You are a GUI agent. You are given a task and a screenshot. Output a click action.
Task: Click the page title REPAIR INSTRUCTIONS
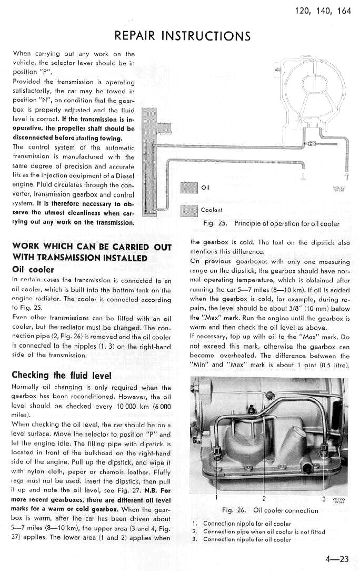pyautogui.click(x=183, y=35)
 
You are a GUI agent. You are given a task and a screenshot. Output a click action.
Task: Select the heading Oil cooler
pyautogui.click(x=32, y=270)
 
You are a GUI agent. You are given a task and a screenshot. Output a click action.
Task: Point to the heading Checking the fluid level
pyautogui.click(x=62, y=375)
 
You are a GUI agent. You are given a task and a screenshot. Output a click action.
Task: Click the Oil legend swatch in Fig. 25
pyautogui.click(x=188, y=188)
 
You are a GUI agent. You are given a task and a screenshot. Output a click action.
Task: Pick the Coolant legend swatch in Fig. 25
pyautogui.click(x=188, y=210)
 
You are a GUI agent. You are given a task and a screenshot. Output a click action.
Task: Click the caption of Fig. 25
pyautogui.click(x=271, y=223)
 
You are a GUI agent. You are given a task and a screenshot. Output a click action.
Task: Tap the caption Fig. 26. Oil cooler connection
pyautogui.click(x=270, y=510)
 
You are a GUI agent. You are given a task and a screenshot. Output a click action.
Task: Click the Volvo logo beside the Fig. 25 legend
pyautogui.click(x=338, y=189)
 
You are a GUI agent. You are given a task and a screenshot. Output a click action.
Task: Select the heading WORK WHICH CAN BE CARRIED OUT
pyautogui.click(x=92, y=247)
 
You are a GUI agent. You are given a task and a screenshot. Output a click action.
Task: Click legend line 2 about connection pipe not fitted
pyautogui.click(x=260, y=531)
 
